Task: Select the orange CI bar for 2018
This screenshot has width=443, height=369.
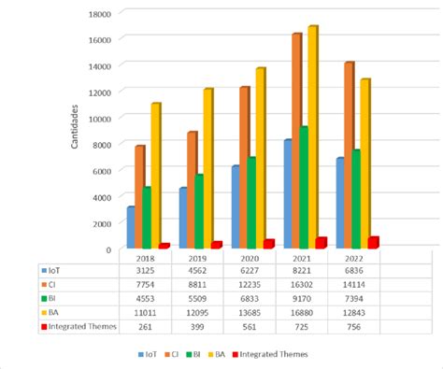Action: coord(140,196)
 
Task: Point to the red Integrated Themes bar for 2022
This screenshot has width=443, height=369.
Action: coord(373,242)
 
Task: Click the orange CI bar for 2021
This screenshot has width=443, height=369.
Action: coord(296,140)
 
